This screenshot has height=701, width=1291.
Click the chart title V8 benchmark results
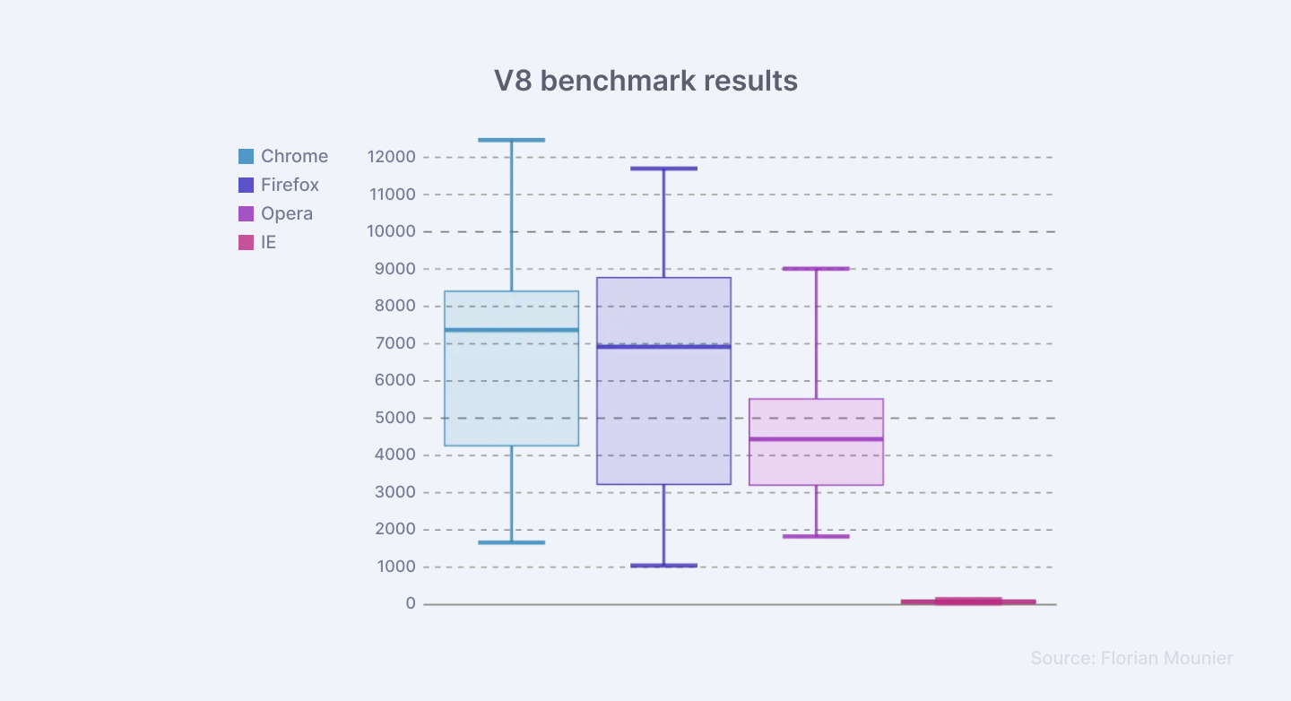(x=645, y=81)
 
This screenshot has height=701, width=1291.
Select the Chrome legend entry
(x=283, y=156)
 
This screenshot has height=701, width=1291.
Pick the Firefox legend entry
(x=279, y=185)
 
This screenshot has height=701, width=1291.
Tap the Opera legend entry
(x=276, y=213)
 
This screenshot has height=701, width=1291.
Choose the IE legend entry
(x=258, y=242)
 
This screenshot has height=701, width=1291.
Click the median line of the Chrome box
(x=512, y=330)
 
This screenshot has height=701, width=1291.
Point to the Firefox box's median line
(x=664, y=346)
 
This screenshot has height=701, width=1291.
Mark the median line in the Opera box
(x=816, y=439)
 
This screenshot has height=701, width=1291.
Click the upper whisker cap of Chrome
(x=512, y=140)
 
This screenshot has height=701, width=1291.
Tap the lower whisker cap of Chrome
(x=512, y=542)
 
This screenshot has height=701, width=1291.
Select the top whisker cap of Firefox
(x=664, y=169)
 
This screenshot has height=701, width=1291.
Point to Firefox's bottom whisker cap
(x=664, y=566)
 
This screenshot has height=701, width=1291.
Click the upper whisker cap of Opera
(x=816, y=268)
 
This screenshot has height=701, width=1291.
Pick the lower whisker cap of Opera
(x=816, y=536)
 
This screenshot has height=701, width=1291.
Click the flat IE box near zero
(x=968, y=601)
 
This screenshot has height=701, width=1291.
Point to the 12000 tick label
(x=392, y=157)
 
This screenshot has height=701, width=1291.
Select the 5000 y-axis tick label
(x=395, y=418)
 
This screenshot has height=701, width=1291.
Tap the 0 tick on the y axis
(x=411, y=604)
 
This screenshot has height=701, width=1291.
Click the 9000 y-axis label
(x=395, y=269)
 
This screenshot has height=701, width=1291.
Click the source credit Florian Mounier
(x=1131, y=658)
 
